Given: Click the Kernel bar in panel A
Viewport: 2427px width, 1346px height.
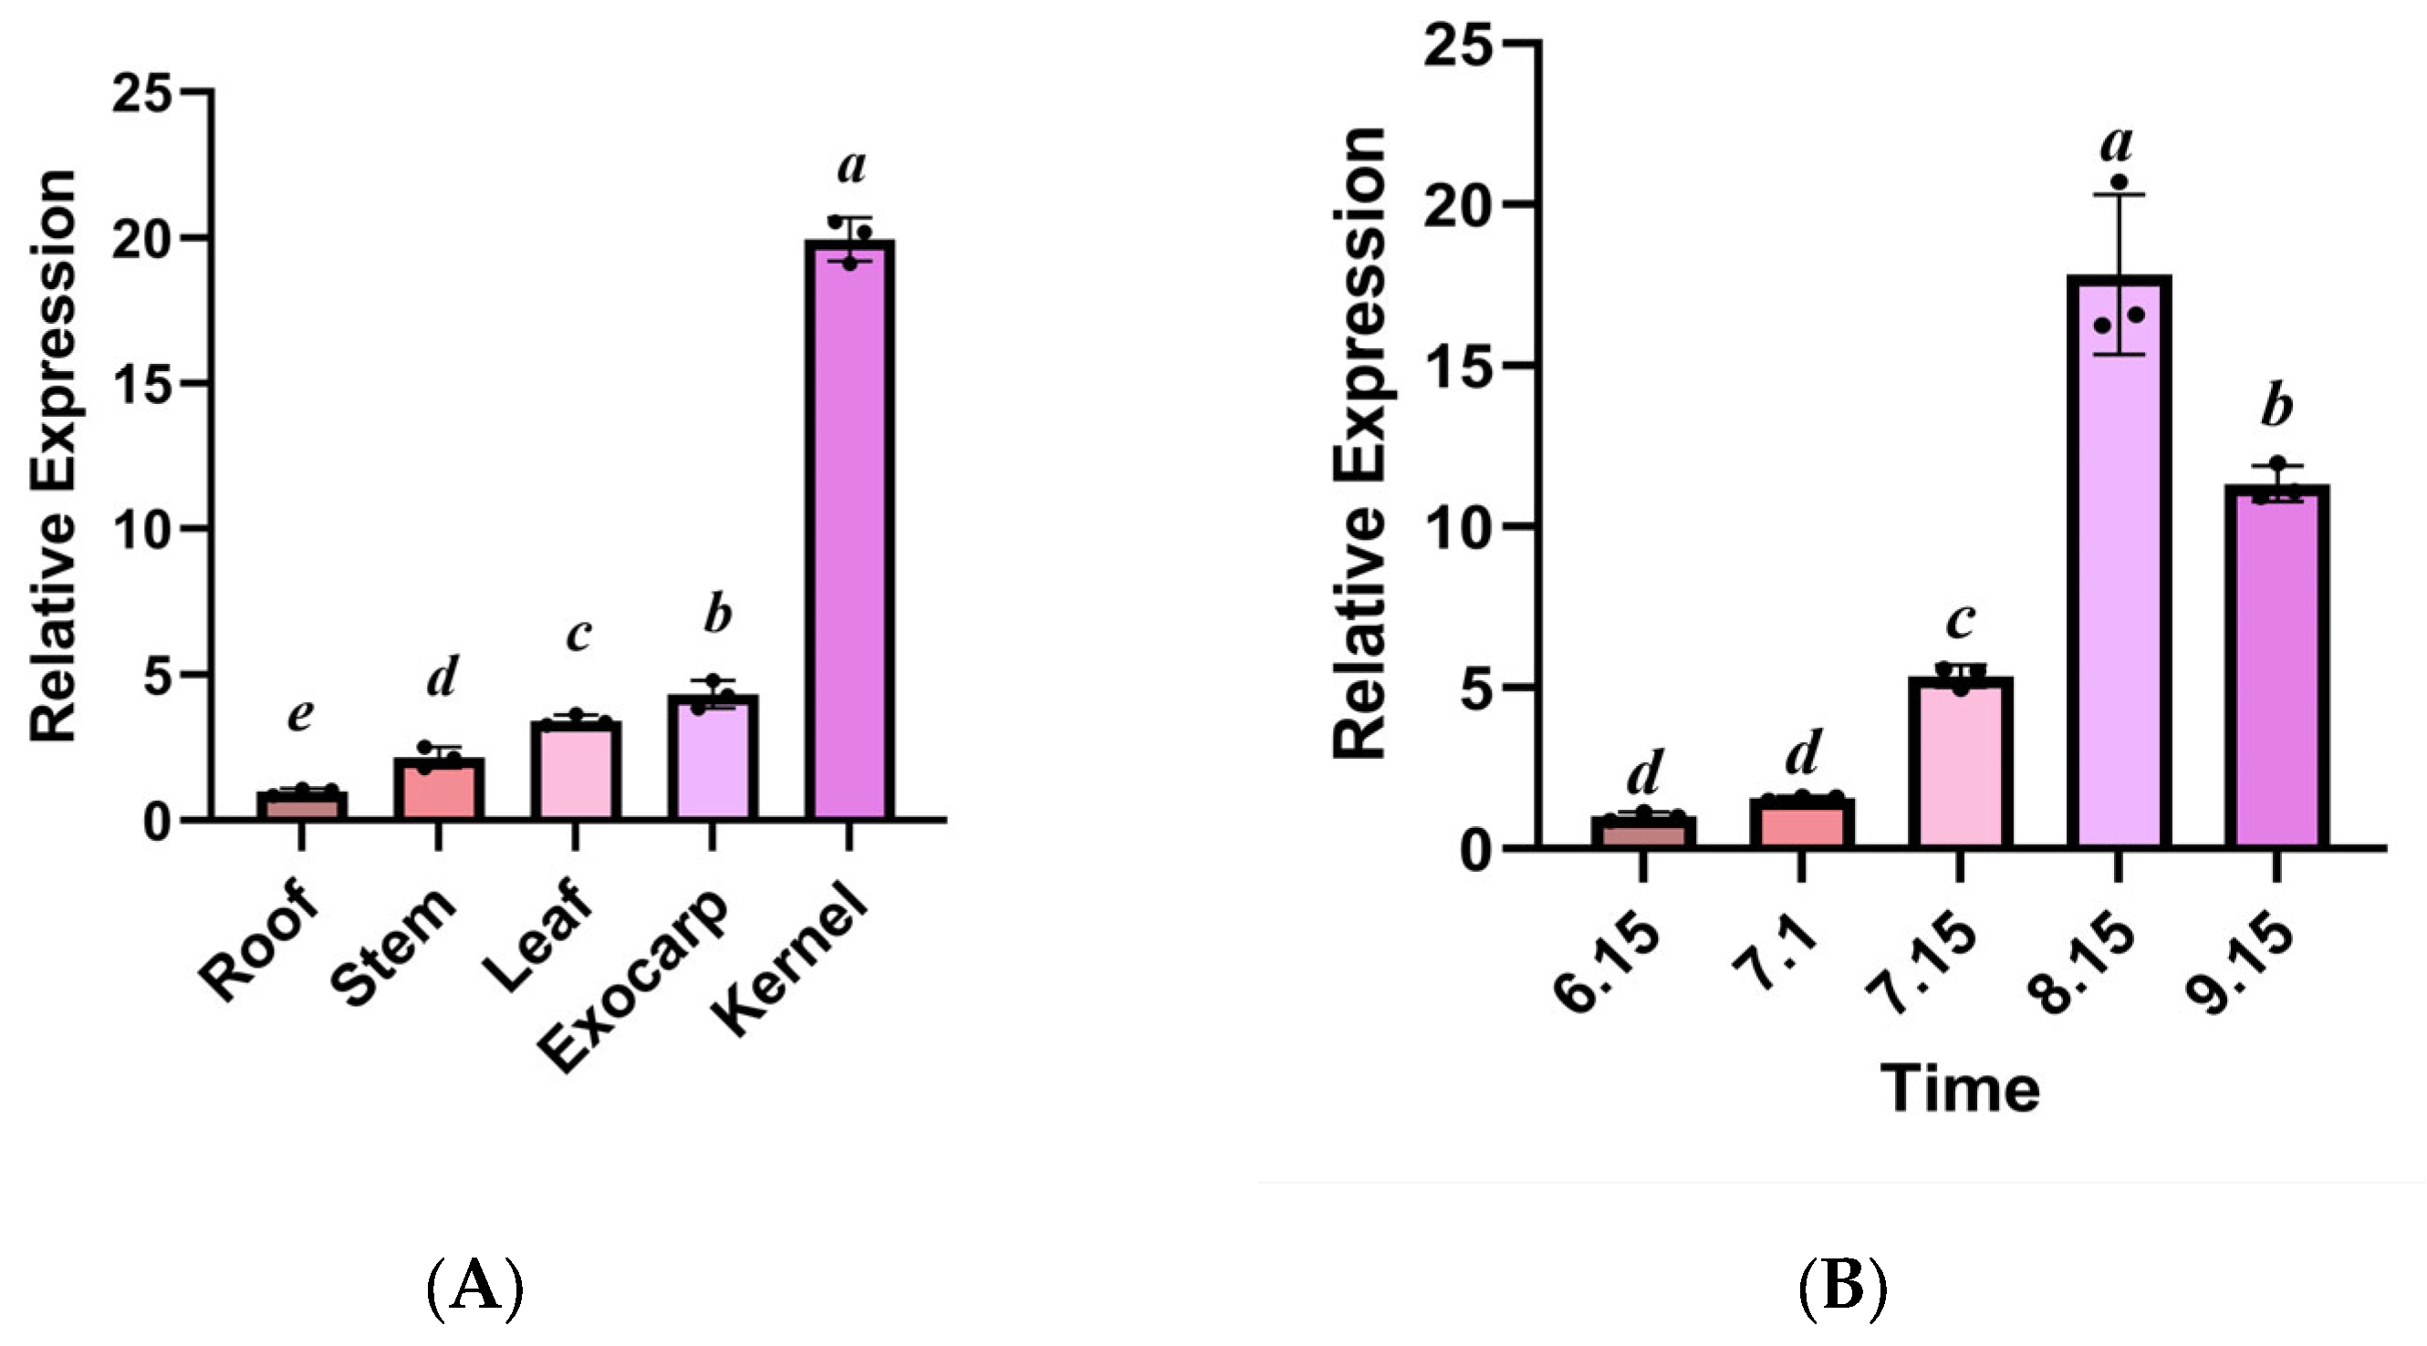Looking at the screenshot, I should (849, 527).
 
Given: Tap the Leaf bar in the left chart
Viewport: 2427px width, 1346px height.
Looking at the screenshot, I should (576, 770).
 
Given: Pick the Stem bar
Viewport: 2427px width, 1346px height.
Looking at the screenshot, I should (438, 789).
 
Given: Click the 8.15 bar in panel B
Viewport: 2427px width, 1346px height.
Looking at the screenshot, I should (2119, 565).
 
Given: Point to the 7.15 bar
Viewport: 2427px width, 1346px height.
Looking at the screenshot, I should (1961, 763).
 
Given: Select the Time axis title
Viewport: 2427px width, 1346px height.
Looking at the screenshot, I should (1961, 1090).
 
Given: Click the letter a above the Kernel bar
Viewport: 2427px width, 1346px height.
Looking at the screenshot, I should (851, 167).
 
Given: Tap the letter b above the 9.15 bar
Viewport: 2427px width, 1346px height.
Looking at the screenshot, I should (2277, 407).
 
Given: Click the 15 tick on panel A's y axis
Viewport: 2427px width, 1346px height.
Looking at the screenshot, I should (141, 383).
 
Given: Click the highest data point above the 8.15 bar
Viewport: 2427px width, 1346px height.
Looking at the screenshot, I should (2119, 181).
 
